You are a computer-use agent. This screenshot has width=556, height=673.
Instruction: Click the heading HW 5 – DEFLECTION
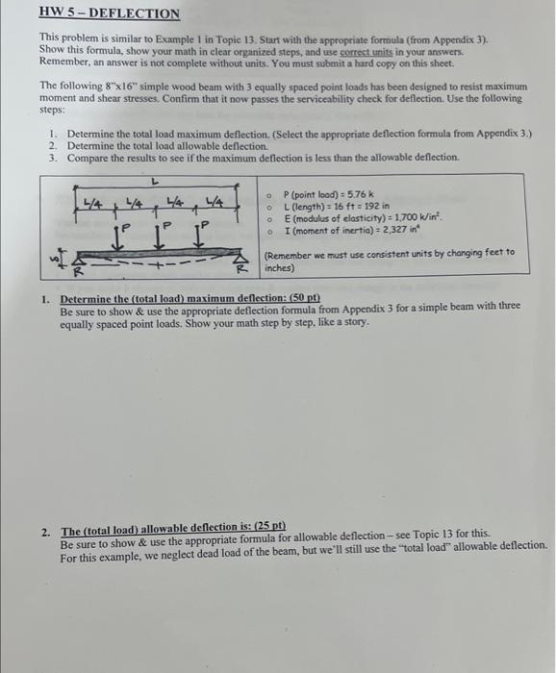(x=111, y=13)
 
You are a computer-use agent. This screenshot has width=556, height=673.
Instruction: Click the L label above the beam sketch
(x=154, y=180)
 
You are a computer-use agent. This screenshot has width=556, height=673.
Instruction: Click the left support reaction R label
(x=85, y=273)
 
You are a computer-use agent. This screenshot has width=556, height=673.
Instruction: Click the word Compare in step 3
(x=88, y=157)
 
